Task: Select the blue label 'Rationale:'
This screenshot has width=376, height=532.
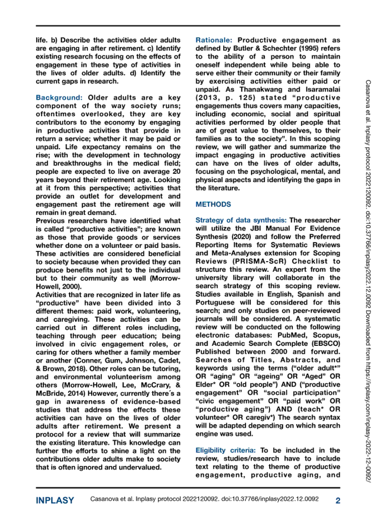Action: (x=214, y=40)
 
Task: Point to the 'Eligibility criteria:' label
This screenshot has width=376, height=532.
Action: (x=225, y=450)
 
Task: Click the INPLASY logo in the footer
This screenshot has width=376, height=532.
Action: (x=55, y=500)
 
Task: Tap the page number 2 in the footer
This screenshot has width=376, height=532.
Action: (x=337, y=500)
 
